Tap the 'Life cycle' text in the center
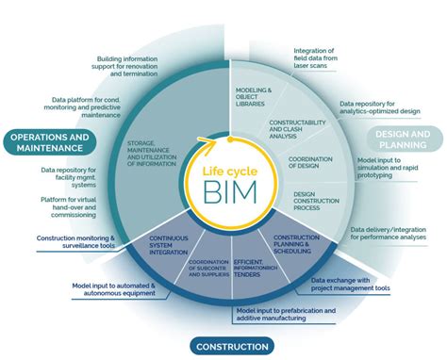(x=223, y=171)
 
